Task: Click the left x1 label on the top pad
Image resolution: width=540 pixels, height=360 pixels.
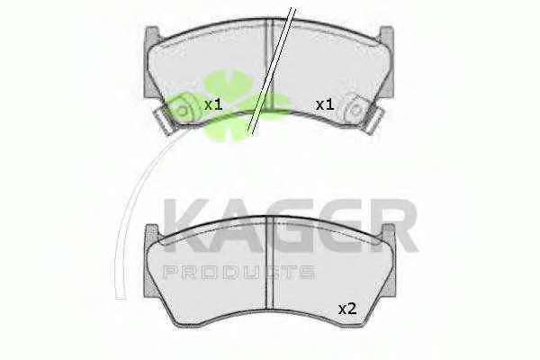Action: click(213, 104)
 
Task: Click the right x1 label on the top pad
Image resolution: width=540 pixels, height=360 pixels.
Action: click(325, 104)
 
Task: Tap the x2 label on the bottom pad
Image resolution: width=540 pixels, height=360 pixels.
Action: click(347, 309)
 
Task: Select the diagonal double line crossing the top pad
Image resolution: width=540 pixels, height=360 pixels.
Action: click(272, 70)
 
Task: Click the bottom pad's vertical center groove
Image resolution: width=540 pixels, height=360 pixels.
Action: click(270, 263)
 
